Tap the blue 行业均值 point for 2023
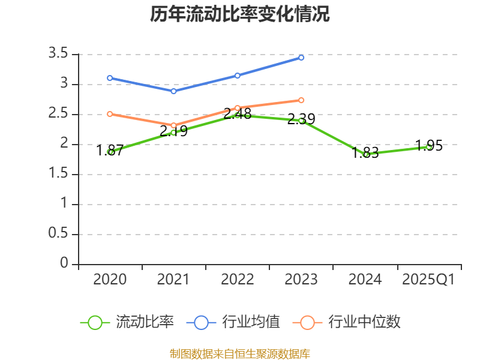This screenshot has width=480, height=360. pos(301,58)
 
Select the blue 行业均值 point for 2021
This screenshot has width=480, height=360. pos(173,91)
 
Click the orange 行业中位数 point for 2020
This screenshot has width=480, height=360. pos(110,114)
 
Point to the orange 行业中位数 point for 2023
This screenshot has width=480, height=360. pos(301,100)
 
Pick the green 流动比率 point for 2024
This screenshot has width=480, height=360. pos(365,154)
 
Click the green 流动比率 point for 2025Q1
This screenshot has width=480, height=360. pos(429,146)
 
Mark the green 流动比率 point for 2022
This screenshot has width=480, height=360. pos(238,115)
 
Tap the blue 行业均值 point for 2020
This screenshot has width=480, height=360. pos(110,78)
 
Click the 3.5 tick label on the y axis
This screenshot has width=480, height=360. pos(59,54)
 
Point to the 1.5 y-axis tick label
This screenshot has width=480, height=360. pos(59,174)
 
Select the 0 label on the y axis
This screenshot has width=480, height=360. pos(64,264)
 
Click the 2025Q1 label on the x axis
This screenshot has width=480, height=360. pos(428,280)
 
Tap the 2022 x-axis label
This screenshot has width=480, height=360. pos(238,280)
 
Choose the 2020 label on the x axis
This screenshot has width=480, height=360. pos(110,280)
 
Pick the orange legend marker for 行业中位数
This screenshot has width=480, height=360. pos(307,322)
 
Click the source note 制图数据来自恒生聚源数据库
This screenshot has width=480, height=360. pos(239,353)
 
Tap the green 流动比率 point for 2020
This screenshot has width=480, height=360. pos(110,152)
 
